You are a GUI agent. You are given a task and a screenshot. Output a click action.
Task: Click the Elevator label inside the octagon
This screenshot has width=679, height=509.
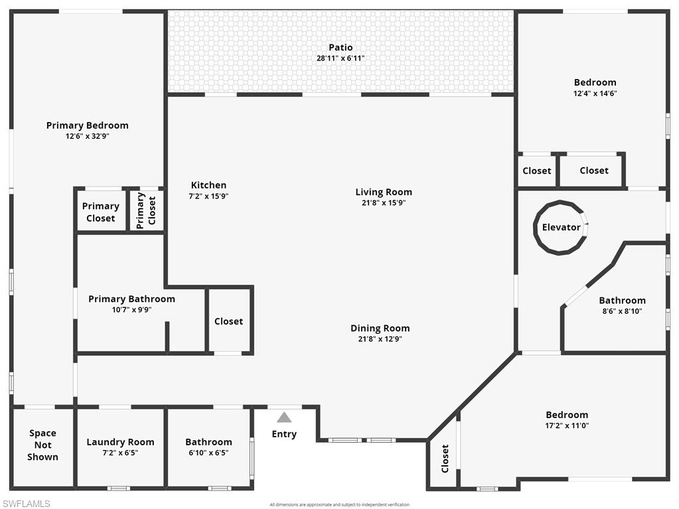click(561, 227)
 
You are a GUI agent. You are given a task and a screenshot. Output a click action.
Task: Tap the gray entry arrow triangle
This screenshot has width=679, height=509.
click(284, 417)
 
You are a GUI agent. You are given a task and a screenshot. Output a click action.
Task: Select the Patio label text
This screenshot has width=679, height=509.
click(340, 47)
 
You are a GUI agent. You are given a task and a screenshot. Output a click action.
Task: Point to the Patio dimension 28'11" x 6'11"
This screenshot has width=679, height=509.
click(340, 58)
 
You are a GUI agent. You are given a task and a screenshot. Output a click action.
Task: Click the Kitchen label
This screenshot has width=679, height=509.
click(208, 185)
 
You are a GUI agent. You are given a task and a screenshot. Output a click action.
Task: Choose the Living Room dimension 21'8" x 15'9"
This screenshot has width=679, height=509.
click(384, 203)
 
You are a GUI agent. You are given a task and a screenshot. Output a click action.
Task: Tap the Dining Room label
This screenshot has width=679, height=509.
click(380, 328)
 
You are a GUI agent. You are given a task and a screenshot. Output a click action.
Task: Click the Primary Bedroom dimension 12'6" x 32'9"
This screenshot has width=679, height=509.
click(87, 136)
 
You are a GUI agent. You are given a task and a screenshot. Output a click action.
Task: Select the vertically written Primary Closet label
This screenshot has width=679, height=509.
click(146, 211)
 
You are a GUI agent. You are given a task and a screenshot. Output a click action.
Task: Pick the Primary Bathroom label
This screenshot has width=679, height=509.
click(131, 299)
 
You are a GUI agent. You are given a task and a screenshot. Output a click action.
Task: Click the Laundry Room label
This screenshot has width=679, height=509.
click(120, 442)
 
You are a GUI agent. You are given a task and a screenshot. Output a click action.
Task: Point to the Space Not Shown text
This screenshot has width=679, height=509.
click(42, 445)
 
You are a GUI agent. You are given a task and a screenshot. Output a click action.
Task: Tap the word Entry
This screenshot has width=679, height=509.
click(284, 434)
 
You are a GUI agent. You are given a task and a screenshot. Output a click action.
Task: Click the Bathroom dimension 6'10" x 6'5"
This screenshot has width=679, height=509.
click(208, 453)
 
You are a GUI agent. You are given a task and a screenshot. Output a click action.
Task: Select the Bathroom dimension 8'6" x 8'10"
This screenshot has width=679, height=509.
click(622, 311)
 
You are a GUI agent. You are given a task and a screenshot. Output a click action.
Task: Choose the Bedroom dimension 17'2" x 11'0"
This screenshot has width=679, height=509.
click(567, 425)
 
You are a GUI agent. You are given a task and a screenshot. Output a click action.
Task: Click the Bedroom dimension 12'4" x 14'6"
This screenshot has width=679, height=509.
click(595, 93)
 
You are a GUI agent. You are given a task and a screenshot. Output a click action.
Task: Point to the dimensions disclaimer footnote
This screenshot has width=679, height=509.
click(339, 504)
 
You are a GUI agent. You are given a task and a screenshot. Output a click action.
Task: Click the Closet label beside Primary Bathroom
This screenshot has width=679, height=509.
click(228, 321)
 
